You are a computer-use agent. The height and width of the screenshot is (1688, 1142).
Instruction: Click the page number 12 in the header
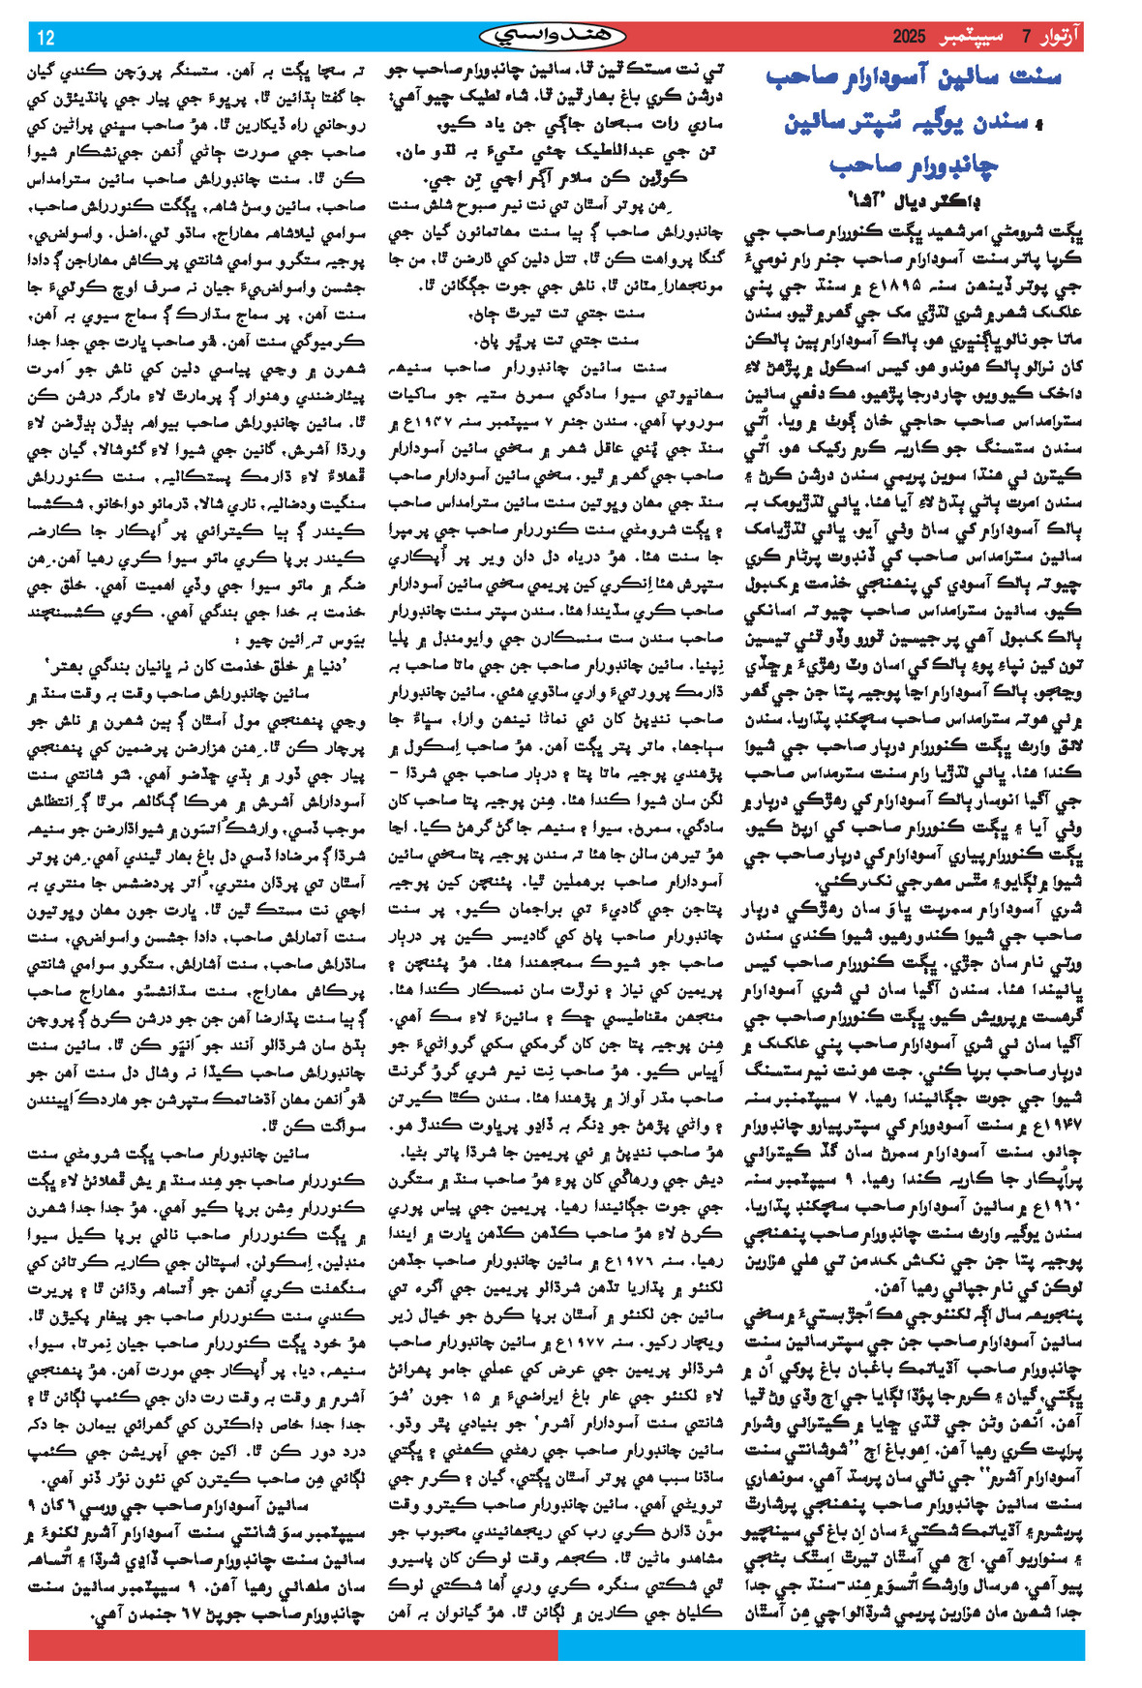46,38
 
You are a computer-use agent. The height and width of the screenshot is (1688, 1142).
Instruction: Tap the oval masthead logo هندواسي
553,37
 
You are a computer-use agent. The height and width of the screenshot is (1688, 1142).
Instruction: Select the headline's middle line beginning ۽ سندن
914,122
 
